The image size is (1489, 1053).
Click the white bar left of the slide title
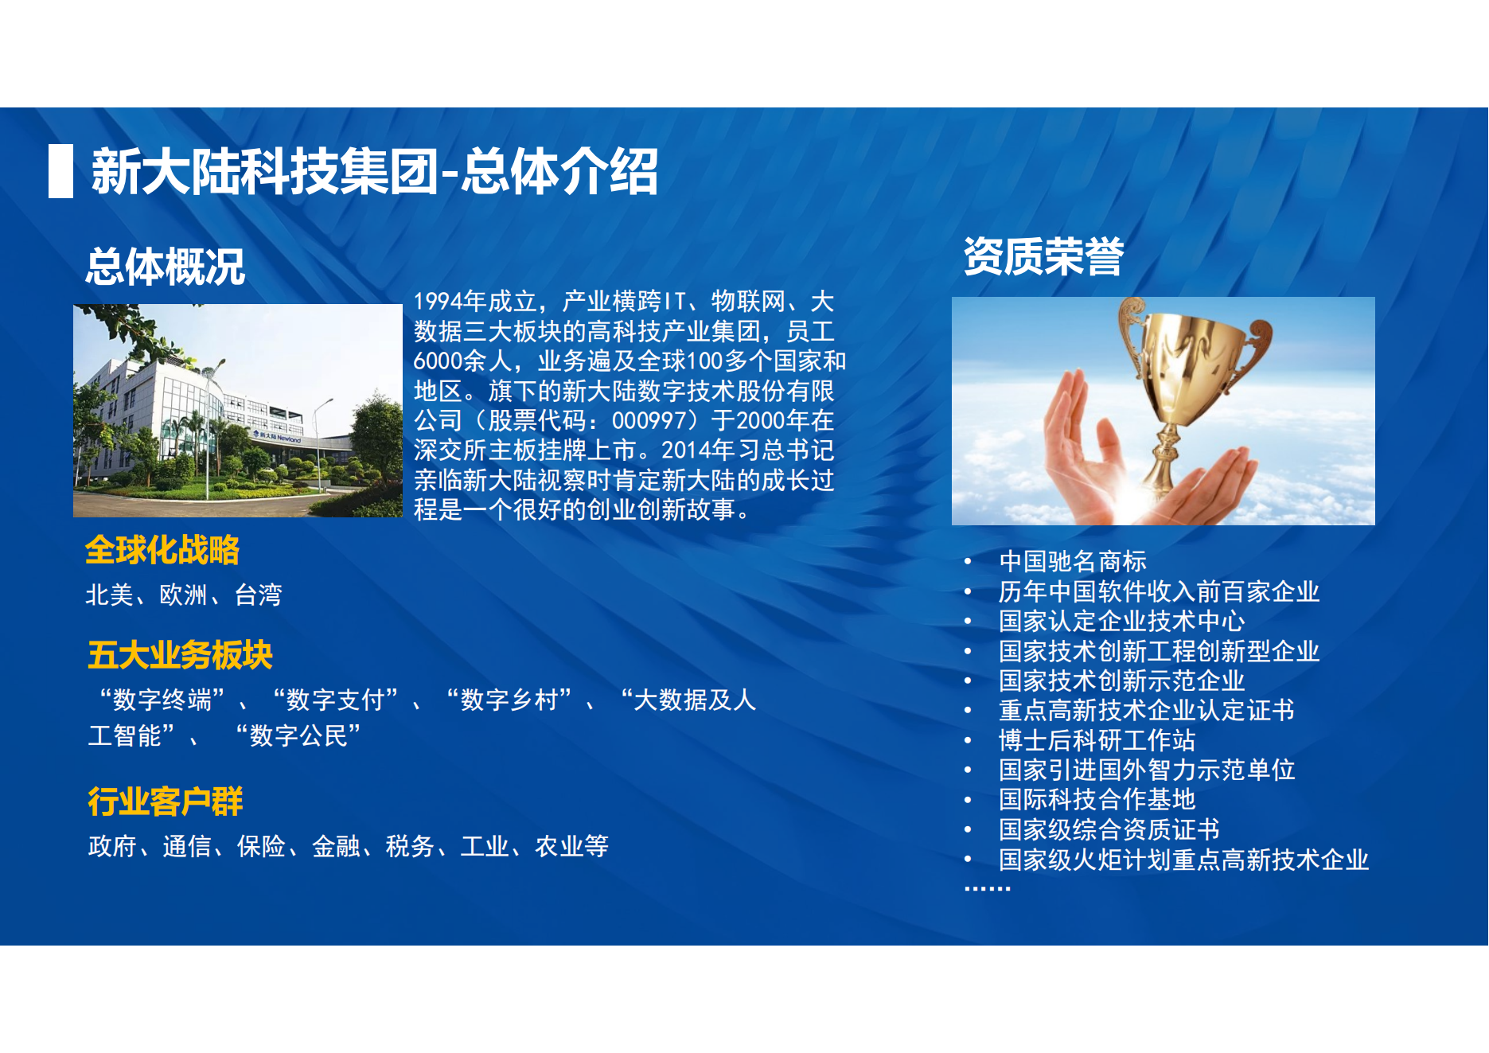click(x=60, y=171)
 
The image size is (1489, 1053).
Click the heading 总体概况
click(x=166, y=267)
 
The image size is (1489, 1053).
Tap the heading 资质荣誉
click(x=1043, y=256)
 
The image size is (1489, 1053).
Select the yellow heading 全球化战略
click(x=162, y=550)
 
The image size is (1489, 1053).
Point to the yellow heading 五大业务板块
click(x=180, y=655)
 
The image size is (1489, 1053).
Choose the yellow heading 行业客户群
click(x=165, y=801)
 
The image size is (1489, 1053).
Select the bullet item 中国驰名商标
click(x=1073, y=561)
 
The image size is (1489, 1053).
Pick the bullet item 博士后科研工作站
click(x=1097, y=740)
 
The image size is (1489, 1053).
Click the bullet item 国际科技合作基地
click(x=1097, y=799)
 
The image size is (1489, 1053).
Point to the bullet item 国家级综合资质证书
click(x=1109, y=829)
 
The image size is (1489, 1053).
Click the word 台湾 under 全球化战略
click(x=259, y=595)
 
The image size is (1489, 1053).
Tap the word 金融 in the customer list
click(x=336, y=846)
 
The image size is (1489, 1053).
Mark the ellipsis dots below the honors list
click(x=987, y=887)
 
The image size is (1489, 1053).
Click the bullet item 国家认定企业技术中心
click(x=1122, y=621)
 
